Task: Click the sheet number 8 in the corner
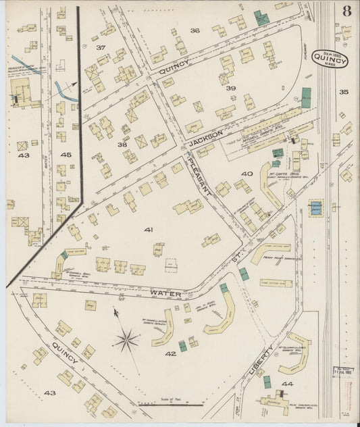[x=346, y=11]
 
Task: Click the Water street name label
[x=164, y=294]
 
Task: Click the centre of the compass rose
[x=126, y=341]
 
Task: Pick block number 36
[x=195, y=31]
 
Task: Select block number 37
[x=101, y=47]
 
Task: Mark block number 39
[x=230, y=89]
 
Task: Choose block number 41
[x=148, y=230]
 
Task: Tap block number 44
[x=287, y=384]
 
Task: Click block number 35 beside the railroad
[x=343, y=92]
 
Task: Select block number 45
[x=66, y=155]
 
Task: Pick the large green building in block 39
[x=306, y=97]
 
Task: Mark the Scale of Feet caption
[x=172, y=400]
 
